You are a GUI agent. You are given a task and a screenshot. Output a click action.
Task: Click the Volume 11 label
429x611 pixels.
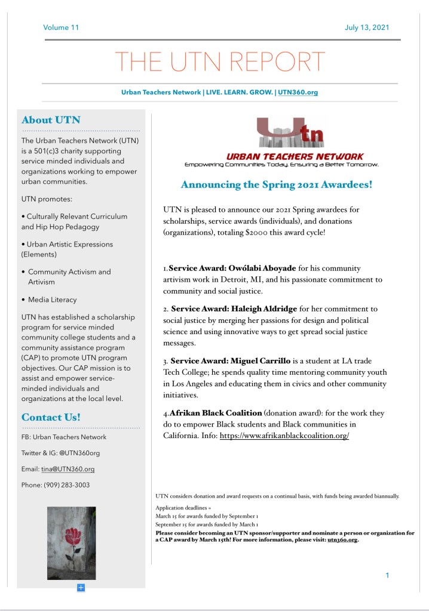(61, 27)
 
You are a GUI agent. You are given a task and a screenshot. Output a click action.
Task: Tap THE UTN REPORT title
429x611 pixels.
(220, 61)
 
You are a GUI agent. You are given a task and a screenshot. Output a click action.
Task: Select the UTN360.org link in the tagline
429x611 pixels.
(298, 92)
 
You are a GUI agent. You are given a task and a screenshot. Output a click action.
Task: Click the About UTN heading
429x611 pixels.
(51, 120)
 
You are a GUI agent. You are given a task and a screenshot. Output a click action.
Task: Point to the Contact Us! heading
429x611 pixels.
(51, 417)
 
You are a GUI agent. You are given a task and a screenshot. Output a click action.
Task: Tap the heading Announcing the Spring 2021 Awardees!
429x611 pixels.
(277, 184)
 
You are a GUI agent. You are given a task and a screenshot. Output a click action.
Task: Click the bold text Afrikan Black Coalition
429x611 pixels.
(216, 413)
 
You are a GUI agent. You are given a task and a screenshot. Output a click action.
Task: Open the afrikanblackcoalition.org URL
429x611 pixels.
(284, 436)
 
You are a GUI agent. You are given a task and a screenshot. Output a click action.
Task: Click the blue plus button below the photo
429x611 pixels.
(81, 588)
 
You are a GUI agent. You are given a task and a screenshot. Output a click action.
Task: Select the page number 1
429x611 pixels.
(387, 575)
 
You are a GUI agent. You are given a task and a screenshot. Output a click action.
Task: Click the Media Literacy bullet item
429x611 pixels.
(53, 300)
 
